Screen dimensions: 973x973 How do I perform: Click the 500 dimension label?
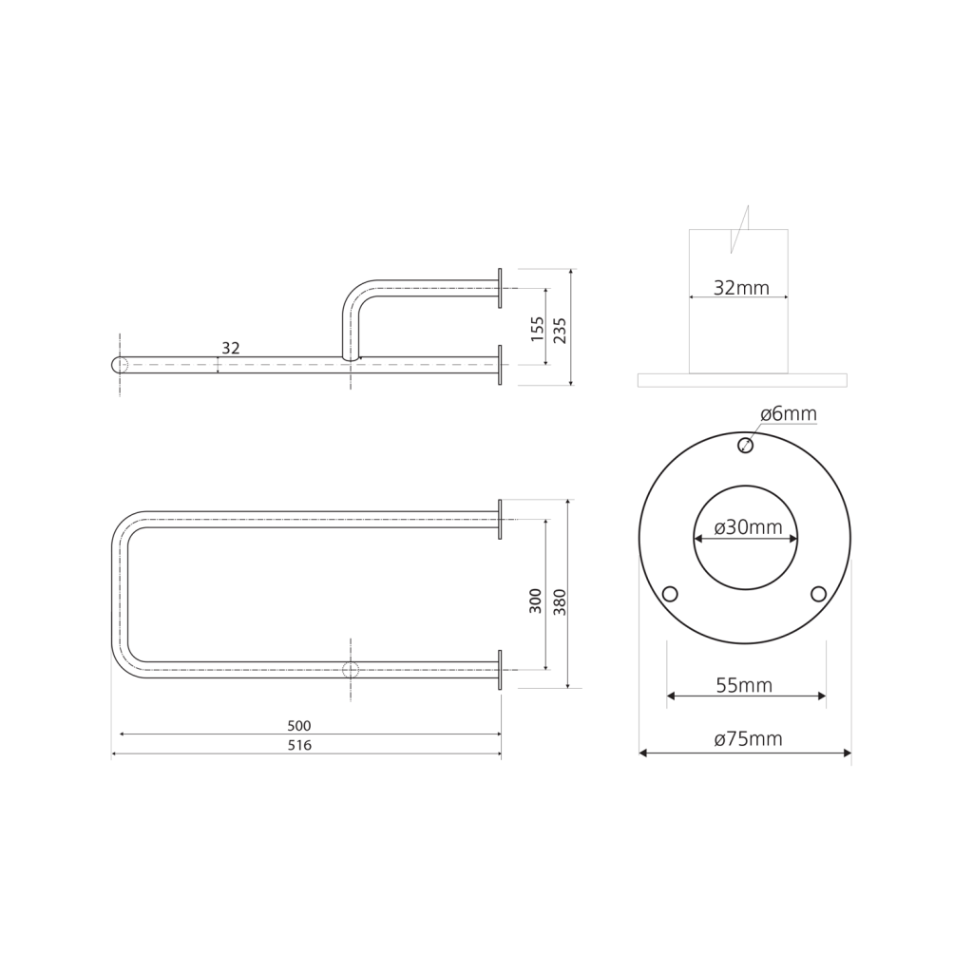point(299,725)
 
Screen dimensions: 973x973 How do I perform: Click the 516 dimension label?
point(299,745)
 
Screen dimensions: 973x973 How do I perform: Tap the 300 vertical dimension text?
point(536,601)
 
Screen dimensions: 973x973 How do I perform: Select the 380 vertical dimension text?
point(560,601)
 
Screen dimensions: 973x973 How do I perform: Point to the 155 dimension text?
point(538,329)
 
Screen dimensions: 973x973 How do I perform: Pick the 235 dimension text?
point(560,330)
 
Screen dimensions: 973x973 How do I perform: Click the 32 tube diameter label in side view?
point(231,348)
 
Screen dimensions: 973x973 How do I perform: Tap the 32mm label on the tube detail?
point(741,288)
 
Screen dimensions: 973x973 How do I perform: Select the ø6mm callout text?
point(789,414)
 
